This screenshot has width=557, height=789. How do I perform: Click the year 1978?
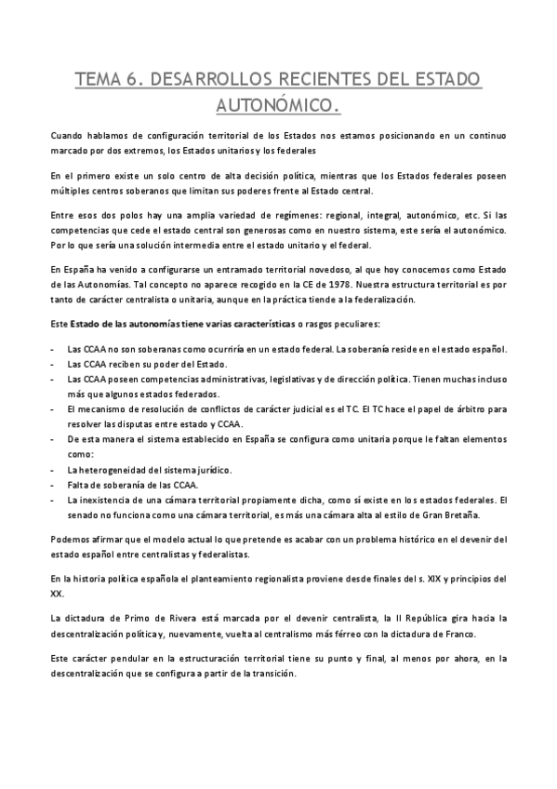[x=338, y=285]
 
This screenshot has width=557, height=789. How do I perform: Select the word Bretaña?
[x=481, y=515]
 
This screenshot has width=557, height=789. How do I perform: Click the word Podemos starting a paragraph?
[x=73, y=539]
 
